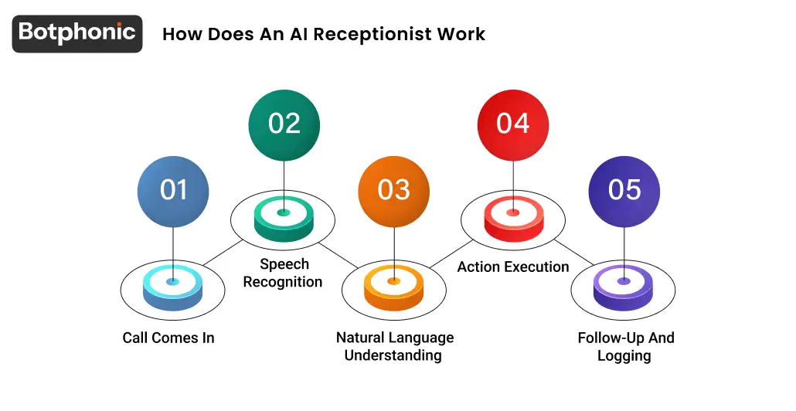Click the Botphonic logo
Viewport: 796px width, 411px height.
point(77,33)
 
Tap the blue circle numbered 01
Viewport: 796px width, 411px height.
point(173,189)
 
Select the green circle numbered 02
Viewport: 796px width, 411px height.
point(284,124)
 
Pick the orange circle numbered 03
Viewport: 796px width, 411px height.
point(393,189)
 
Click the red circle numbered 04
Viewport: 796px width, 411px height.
point(513,124)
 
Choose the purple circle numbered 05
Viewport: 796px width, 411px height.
point(624,189)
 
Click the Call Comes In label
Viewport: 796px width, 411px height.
point(168,338)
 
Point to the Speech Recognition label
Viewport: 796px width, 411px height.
point(283,273)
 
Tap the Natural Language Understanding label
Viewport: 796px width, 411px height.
point(394,346)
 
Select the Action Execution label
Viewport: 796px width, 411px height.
point(513,267)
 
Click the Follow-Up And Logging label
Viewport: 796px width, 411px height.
point(625,347)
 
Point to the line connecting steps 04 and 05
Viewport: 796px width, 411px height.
point(573,251)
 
